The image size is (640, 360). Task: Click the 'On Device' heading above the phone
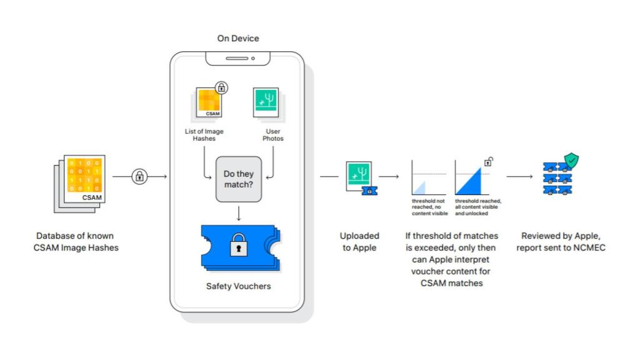(237, 39)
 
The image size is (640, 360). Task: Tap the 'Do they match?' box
(238, 179)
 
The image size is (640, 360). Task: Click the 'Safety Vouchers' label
(237, 286)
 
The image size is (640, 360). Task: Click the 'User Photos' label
(272, 134)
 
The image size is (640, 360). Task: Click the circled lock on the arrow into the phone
(139, 177)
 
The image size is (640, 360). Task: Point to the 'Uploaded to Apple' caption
(359, 242)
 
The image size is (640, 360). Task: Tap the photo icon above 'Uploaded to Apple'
(361, 177)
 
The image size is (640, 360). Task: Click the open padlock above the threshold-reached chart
(488, 162)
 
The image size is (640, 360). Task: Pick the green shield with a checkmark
(571, 160)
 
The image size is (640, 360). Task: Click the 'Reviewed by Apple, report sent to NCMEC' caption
(561, 242)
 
